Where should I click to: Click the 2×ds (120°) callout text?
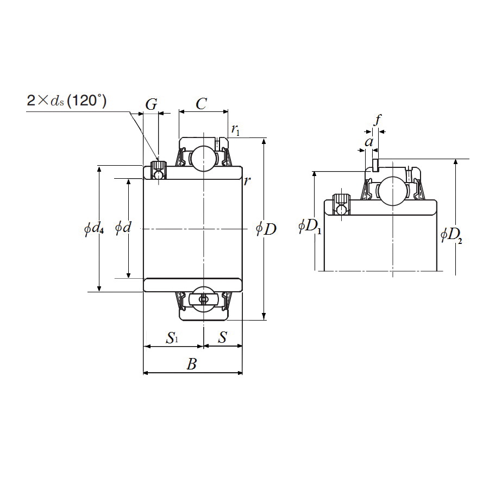tap(66, 101)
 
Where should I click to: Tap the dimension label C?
tap(201, 103)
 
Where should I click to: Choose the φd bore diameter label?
tap(123, 228)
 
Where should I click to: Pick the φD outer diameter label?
tap(266, 229)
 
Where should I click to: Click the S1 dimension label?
tap(172, 338)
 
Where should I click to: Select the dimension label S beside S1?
tap(222, 337)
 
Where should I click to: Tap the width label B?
tap(191, 364)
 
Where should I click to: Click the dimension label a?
tap(369, 142)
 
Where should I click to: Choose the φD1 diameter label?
tap(310, 227)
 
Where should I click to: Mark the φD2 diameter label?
tap(452, 235)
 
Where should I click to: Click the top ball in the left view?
tap(203, 159)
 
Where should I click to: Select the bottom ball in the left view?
tap(203, 299)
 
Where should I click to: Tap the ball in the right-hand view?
tap(392, 191)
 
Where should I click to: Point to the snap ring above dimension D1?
tap(375, 165)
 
